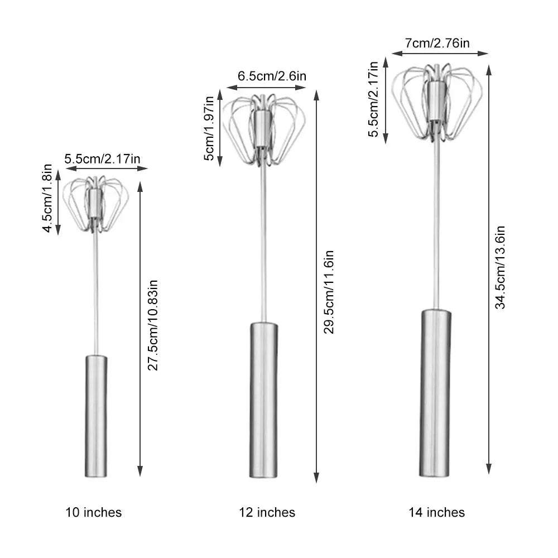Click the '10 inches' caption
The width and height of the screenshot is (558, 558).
pos(94,512)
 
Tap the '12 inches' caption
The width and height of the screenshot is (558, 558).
pos(267,512)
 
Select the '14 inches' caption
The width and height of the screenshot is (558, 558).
pos(437,512)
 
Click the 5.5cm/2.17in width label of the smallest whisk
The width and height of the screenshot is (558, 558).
pos(103,158)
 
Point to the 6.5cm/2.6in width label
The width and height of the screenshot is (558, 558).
pos(272,76)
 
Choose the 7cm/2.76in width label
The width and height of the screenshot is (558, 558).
pos(437,43)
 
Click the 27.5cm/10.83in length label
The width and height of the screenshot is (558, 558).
pos(153,325)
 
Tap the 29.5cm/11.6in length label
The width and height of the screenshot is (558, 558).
pos(329,292)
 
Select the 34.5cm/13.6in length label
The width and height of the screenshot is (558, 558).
pos(501,267)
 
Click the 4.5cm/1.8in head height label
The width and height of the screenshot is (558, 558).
pos(47,198)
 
